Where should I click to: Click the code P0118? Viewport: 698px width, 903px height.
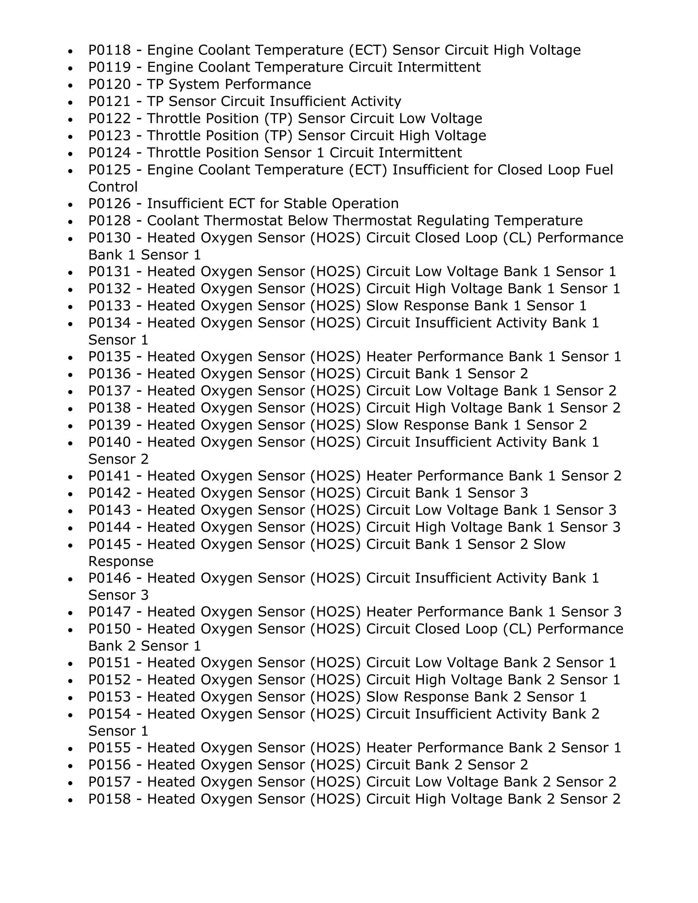(109, 50)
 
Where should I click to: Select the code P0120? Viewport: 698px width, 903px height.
(109, 85)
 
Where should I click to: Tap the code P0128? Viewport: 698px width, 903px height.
(109, 221)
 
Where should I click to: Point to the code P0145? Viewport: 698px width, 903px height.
(109, 544)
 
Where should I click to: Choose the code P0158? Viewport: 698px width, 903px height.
(109, 799)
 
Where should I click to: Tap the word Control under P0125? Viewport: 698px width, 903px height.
(113, 187)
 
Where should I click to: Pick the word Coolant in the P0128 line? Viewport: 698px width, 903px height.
(173, 221)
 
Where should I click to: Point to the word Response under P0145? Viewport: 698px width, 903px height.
(121, 562)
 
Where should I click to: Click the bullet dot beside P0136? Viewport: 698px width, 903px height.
(71, 374)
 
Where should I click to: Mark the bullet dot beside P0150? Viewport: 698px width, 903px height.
(71, 630)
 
